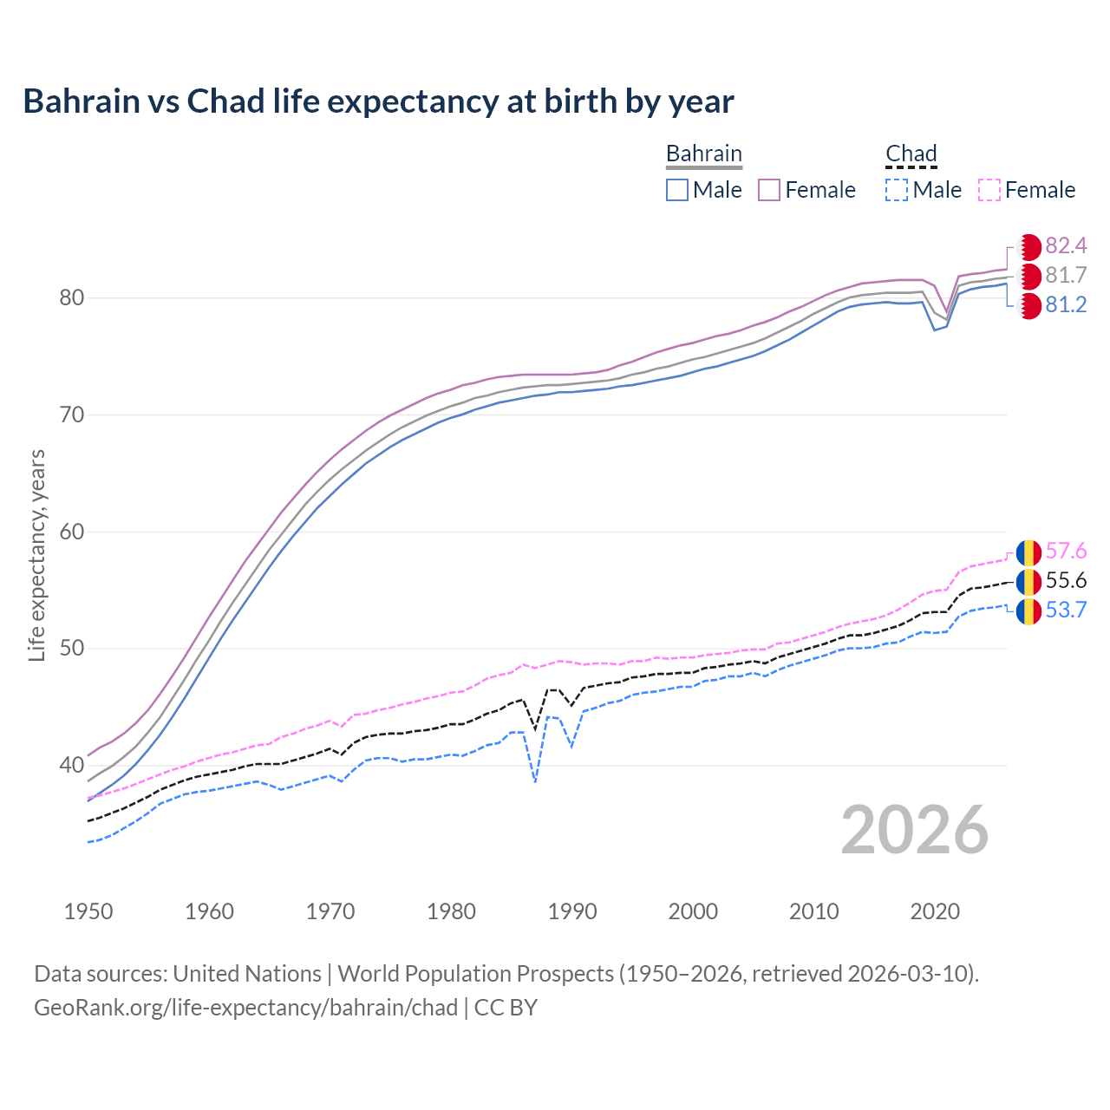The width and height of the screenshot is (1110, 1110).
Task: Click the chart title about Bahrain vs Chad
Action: [x=378, y=101]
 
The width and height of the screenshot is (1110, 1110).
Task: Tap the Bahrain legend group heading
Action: [x=703, y=153]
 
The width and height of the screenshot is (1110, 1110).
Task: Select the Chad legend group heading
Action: [x=911, y=153]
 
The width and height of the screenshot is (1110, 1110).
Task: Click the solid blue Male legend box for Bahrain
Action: [x=677, y=190]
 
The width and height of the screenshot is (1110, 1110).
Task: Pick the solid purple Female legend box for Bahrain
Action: [x=770, y=190]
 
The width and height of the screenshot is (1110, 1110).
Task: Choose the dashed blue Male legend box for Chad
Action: [x=897, y=190]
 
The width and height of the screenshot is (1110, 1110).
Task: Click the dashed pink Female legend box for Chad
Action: [x=989, y=190]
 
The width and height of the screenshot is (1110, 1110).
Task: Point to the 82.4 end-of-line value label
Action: [x=1066, y=246]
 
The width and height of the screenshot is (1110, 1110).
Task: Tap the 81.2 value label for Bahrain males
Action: [x=1066, y=305]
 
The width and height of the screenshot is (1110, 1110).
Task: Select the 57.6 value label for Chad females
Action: [x=1066, y=552]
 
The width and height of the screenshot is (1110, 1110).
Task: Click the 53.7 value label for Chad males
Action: [x=1066, y=610]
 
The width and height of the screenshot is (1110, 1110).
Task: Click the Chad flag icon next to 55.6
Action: [x=1028, y=581]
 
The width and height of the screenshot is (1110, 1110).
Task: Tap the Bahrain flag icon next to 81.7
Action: [x=1028, y=277]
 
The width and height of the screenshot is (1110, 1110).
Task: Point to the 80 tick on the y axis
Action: [x=72, y=298]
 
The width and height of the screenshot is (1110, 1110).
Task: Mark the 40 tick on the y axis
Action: [x=72, y=765]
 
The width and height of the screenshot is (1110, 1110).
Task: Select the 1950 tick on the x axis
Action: [x=88, y=911]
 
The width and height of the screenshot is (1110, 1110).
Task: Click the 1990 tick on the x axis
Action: [x=572, y=911]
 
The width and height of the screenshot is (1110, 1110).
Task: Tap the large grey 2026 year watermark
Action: [x=914, y=830]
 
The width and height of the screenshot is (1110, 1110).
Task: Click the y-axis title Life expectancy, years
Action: [x=37, y=555]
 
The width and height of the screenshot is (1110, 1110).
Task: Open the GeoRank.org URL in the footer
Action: [x=245, y=1008]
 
